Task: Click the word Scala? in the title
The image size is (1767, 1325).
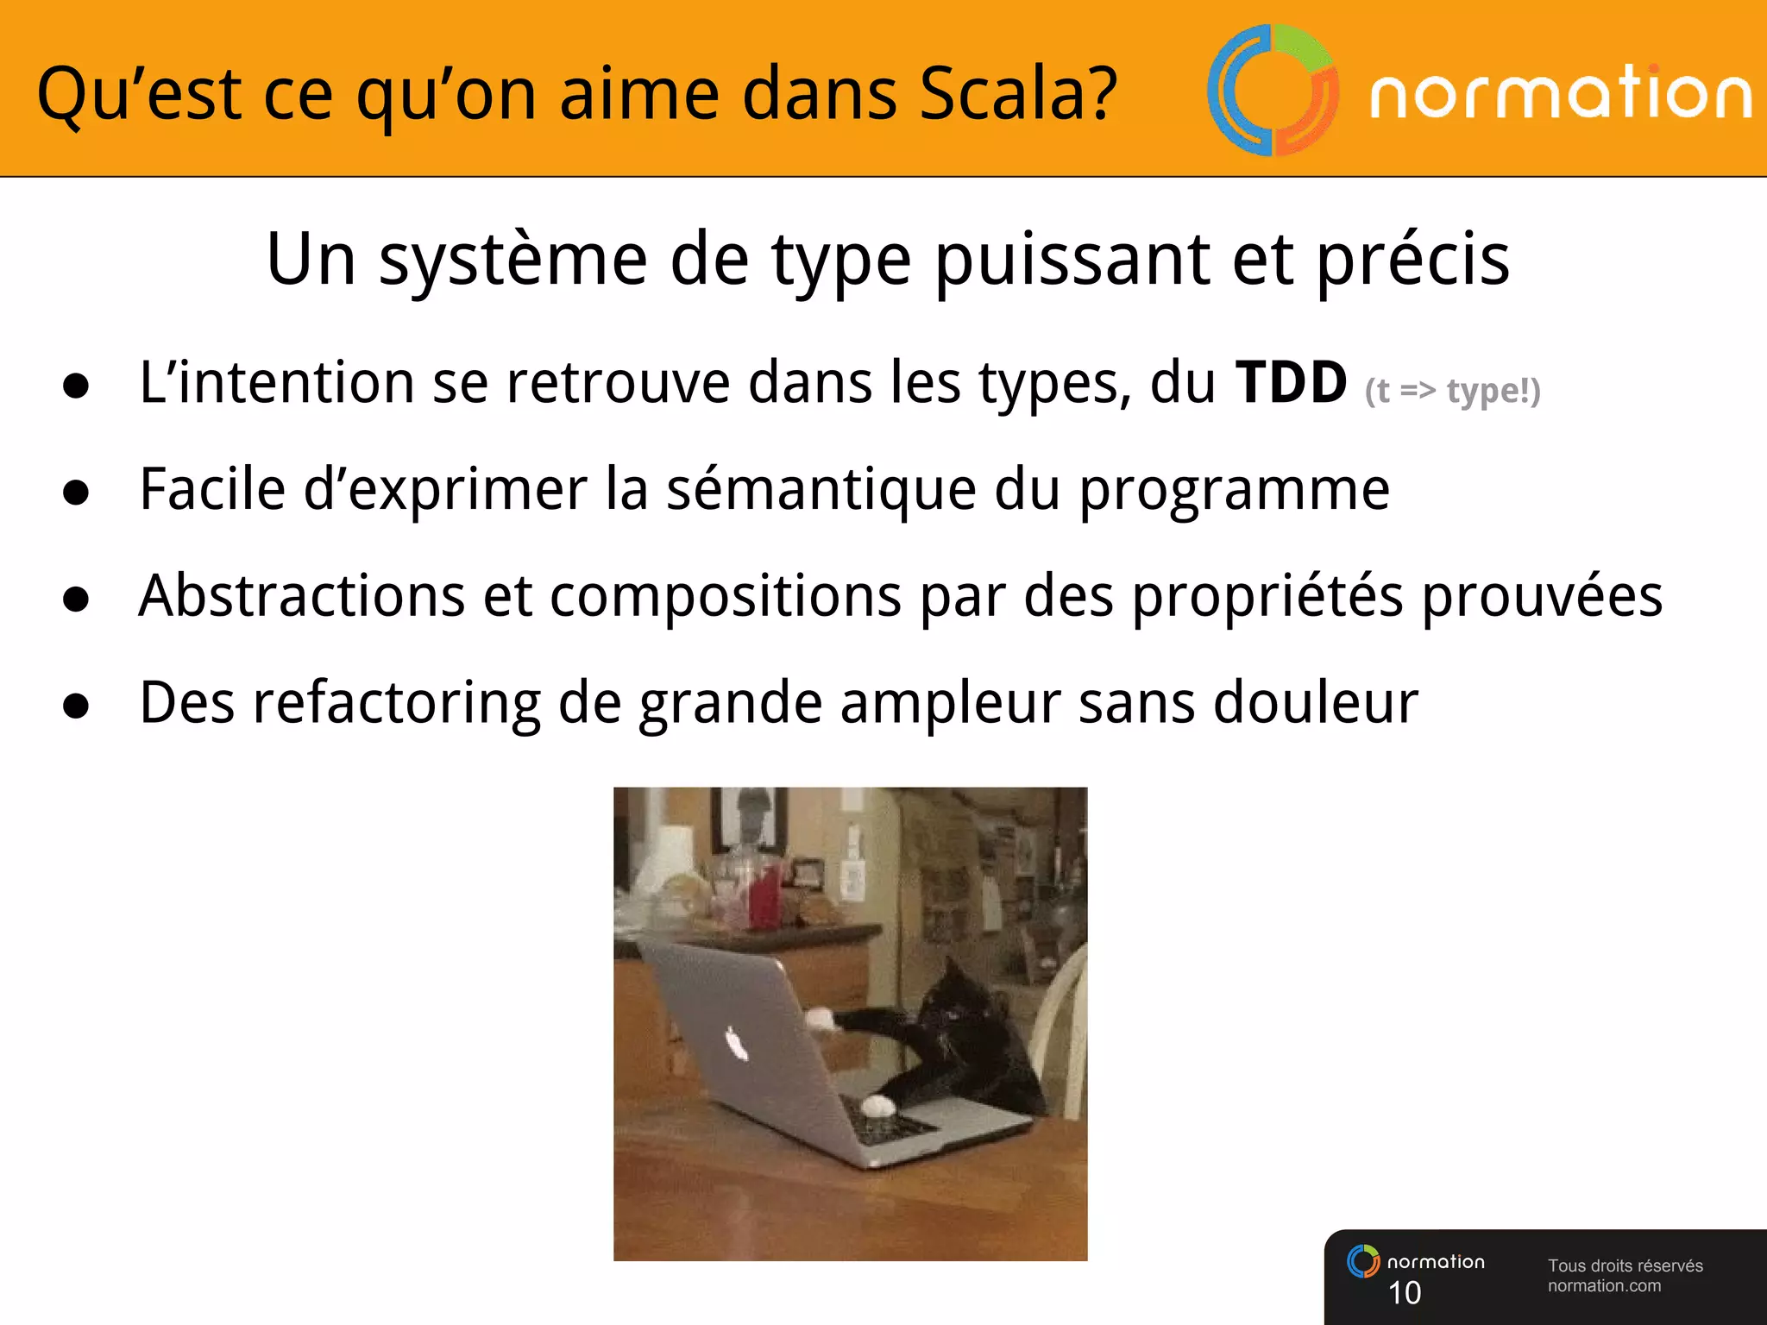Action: coord(1018,93)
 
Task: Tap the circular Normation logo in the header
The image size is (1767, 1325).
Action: coord(1273,91)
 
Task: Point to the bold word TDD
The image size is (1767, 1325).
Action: coord(1291,382)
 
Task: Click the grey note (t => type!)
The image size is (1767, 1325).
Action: coord(1452,391)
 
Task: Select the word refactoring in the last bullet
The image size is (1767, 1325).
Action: coord(396,703)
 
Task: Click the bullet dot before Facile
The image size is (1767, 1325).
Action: coord(76,492)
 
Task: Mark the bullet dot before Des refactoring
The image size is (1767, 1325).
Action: coord(76,706)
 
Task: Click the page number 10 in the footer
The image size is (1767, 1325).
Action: coord(1405,1293)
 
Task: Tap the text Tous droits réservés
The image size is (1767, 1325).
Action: coord(1625,1265)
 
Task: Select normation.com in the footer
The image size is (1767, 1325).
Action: coord(1603,1286)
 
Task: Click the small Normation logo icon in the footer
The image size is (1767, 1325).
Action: coord(1363,1261)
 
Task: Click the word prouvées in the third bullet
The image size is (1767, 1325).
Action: coord(1542,595)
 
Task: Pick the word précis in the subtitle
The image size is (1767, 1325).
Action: coord(1412,261)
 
